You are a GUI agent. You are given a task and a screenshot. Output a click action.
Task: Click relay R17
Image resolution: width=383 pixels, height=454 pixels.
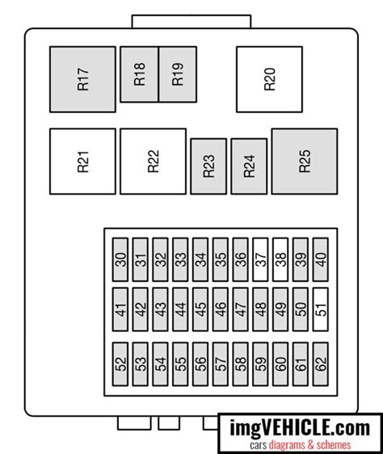coord(82,79)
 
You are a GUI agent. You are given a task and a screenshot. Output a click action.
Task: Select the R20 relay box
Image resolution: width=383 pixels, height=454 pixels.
coord(269,79)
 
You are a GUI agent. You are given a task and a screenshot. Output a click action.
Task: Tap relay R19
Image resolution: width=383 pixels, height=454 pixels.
coord(178,74)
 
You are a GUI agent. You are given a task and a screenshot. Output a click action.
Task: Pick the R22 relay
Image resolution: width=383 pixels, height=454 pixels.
coord(153,162)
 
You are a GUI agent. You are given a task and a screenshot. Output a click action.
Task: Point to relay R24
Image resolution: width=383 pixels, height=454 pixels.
coord(249,166)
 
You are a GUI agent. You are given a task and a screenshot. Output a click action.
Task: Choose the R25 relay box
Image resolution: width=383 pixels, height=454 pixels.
coord(305,162)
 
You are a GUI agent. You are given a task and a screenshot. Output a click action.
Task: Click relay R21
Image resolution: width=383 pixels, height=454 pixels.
coord(82,162)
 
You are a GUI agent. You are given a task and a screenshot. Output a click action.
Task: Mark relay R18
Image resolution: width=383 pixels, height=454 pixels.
coord(139,74)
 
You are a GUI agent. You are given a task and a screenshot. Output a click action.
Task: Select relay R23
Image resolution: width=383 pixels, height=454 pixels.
coord(208,166)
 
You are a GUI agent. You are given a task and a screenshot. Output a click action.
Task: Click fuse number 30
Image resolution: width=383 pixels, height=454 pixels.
coord(120,260)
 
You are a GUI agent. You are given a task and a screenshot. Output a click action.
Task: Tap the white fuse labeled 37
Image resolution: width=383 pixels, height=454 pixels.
coord(260,260)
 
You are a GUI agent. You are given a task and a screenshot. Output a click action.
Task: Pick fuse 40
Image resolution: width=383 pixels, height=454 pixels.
coord(321,260)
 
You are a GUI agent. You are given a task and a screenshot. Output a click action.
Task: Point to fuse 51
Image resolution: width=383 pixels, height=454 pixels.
coord(321,309)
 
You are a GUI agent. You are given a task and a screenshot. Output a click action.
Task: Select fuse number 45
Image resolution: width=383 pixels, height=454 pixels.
coord(200,309)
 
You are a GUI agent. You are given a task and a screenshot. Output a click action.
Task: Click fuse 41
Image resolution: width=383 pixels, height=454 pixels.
coord(120,309)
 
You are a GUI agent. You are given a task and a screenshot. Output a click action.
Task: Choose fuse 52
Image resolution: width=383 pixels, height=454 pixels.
coord(120,364)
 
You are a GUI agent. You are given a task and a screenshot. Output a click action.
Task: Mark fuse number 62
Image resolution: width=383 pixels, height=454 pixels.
coord(321,364)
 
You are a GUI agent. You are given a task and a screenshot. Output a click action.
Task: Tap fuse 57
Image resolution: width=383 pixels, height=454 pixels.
coord(221,364)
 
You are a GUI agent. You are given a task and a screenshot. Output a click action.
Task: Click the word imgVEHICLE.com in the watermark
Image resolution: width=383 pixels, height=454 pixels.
coord(300,428)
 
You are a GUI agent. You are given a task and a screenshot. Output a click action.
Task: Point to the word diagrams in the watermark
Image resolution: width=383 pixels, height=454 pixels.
coord(287,445)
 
